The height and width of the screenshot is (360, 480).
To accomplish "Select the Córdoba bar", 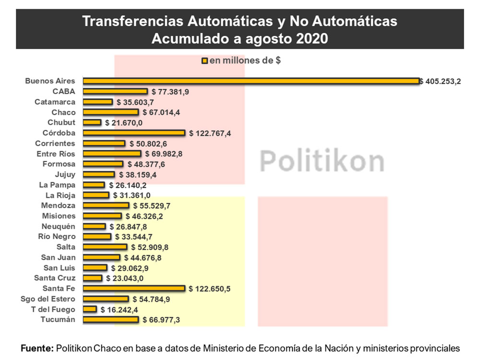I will pyautogui.click(x=134, y=133).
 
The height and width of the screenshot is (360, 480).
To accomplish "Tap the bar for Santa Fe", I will pyautogui.click(x=134, y=288).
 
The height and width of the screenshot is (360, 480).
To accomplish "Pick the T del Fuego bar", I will pyautogui.click(x=90, y=309).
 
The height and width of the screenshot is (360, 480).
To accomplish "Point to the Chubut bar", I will pyautogui.click(x=92, y=122).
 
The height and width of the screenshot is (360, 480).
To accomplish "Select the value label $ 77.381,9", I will pyautogui.click(x=170, y=92).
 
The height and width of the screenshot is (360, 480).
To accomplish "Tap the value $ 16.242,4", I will pyautogui.click(x=120, y=310).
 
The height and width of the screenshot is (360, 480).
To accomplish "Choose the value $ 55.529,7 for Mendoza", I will pyautogui.click(x=152, y=206).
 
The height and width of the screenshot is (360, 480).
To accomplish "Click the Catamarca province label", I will pyautogui.click(x=55, y=102).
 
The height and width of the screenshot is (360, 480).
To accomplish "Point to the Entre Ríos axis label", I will pyautogui.click(x=56, y=154).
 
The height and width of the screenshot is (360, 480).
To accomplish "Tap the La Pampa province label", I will pyautogui.click(x=57, y=185).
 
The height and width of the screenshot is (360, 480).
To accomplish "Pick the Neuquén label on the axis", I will pyautogui.click(x=59, y=226).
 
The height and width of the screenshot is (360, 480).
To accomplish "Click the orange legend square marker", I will pyautogui.click(x=205, y=61).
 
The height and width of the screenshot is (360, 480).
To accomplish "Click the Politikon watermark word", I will pyautogui.click(x=322, y=161).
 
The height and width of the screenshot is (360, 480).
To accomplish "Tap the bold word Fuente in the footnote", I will pyautogui.click(x=37, y=348).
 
